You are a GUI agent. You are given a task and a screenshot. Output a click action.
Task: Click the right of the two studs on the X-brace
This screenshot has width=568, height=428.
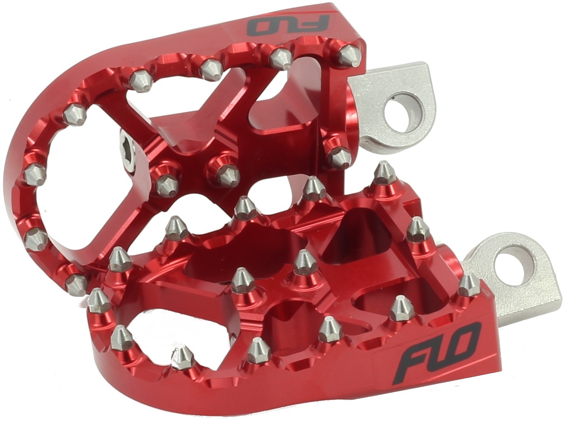228,173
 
